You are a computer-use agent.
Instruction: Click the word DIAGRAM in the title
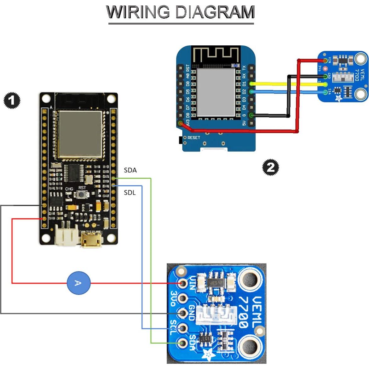point(215,12)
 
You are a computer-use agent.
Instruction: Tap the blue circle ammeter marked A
point(78,283)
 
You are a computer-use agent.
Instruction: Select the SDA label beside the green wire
point(130,170)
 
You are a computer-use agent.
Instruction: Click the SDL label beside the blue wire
point(130,193)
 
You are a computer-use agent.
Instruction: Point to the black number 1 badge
point(12,101)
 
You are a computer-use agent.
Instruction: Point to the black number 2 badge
point(271,167)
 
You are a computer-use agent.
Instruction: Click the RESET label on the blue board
point(193,138)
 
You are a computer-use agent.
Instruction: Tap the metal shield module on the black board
point(80,134)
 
